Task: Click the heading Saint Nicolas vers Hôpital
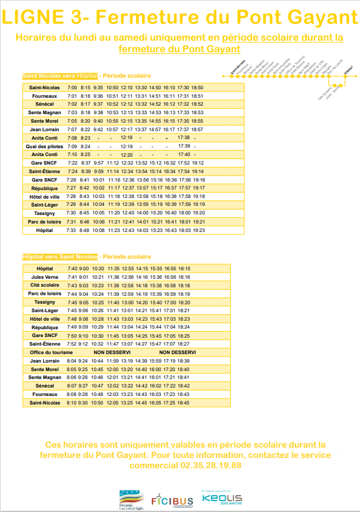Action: click(x=59, y=76)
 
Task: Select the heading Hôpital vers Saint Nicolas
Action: click(x=59, y=257)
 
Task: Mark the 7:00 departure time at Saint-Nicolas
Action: click(x=72, y=87)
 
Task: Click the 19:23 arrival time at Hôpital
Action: click(x=198, y=231)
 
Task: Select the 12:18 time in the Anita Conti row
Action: click(x=127, y=138)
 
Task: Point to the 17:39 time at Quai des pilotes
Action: click(x=184, y=146)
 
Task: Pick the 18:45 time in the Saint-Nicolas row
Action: click(x=183, y=403)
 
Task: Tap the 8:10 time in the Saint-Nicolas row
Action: click(x=71, y=403)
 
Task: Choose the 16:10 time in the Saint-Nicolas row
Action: click(x=169, y=87)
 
